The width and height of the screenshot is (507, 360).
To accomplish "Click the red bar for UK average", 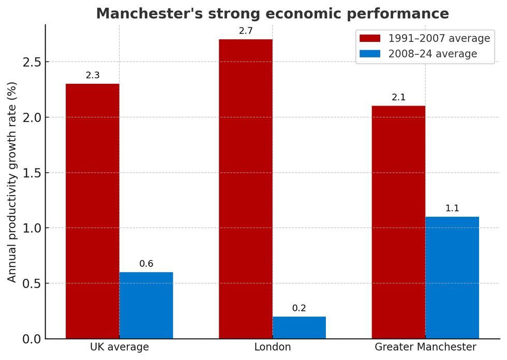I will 93,211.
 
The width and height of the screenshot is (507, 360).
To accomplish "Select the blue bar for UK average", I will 146,305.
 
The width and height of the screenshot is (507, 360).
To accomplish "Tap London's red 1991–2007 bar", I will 245,189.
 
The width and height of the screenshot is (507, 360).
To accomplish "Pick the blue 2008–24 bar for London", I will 299,327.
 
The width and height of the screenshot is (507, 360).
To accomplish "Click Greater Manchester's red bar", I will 398,222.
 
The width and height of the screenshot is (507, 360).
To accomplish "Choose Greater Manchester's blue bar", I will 452,278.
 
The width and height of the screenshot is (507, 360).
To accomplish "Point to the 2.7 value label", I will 245,32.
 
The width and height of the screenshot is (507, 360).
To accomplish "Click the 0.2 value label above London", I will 299,308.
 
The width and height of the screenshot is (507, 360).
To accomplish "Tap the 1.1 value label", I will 452,208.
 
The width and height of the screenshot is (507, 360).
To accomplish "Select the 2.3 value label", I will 93,76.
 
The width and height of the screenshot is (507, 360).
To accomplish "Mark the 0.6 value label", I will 146,264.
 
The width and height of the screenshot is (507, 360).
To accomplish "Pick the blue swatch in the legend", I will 370,54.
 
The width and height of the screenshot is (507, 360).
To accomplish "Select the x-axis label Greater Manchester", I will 425,347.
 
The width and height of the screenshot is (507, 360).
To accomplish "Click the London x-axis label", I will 272,347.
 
